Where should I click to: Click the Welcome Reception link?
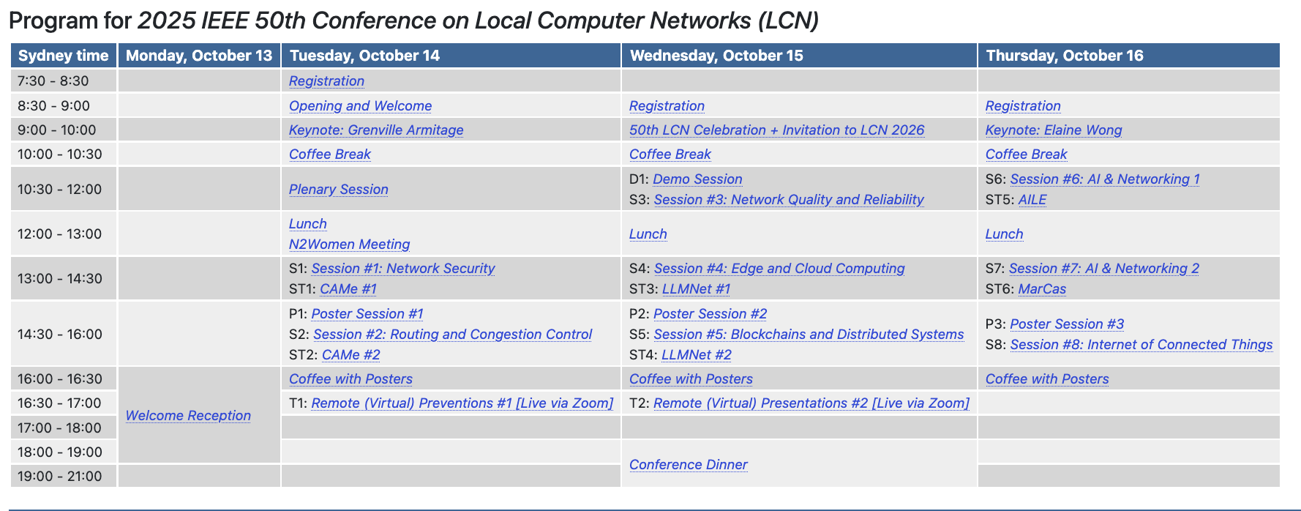188,415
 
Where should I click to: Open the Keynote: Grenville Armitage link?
376,130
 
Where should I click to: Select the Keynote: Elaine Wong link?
1054,130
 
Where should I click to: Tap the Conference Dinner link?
689,464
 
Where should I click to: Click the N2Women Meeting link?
349,244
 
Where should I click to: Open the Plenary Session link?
339,189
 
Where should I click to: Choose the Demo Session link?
697,179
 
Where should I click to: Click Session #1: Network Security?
403,268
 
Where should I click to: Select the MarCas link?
1042,288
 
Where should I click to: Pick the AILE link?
1032,199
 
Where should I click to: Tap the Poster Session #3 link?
1067,324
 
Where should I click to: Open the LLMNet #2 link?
697,354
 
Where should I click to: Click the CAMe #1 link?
348,288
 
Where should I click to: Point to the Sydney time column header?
64,56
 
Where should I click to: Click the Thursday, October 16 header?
1065,56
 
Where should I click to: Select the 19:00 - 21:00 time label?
60,476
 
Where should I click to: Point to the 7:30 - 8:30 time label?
53,81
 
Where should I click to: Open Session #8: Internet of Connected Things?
1141,344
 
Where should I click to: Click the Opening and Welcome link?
361,105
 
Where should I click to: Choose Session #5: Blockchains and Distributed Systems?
809,334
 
